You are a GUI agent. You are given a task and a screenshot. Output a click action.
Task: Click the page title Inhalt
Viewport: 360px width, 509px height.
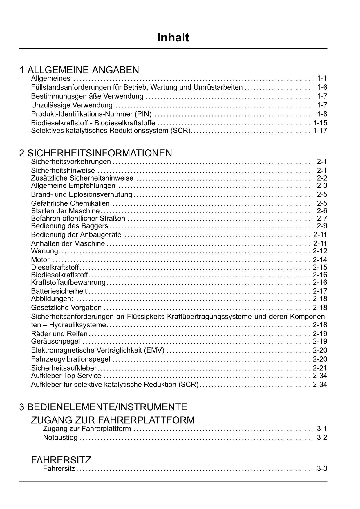click(173, 38)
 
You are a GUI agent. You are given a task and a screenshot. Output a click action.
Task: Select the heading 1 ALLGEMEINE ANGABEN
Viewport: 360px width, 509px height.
click(79, 70)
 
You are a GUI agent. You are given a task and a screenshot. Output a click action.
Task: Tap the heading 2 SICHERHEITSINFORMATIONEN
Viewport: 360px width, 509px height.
click(96, 153)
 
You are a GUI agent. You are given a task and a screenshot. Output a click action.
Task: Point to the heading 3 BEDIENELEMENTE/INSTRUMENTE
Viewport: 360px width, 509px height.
click(103, 407)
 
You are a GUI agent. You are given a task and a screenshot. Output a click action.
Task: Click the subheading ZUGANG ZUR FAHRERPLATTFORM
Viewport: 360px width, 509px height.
click(113, 420)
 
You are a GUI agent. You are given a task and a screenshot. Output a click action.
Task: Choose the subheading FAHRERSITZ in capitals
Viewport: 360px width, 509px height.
click(61, 460)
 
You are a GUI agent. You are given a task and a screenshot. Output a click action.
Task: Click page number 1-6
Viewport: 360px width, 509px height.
click(322, 87)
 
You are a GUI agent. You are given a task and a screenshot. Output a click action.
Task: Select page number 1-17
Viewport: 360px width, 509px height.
click(320, 131)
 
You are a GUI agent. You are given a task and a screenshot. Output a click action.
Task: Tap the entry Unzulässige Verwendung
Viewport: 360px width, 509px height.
click(72, 105)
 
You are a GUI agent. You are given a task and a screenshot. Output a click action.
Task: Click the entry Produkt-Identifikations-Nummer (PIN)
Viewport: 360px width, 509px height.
click(91, 114)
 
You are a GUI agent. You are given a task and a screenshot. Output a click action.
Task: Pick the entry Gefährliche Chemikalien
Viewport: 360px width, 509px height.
click(70, 203)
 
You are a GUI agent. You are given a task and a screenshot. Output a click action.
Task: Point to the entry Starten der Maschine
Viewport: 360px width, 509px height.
click(65, 211)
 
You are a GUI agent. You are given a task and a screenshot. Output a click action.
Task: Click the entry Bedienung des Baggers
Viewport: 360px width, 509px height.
click(70, 226)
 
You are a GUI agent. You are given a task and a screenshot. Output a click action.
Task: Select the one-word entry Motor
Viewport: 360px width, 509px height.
click(40, 260)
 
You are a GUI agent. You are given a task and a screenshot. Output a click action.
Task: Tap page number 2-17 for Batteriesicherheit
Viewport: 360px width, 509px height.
click(320, 291)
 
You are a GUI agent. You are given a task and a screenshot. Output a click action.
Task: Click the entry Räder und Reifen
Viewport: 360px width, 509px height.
click(59, 334)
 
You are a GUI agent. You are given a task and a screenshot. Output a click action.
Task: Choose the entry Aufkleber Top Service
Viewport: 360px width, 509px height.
click(66, 376)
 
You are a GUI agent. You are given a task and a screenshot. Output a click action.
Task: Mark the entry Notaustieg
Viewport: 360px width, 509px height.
click(60, 438)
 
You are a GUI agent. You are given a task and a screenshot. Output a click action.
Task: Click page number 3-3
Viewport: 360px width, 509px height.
click(322, 469)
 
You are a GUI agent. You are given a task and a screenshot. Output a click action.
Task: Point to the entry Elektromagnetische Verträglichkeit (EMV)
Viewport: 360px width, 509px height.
click(98, 350)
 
